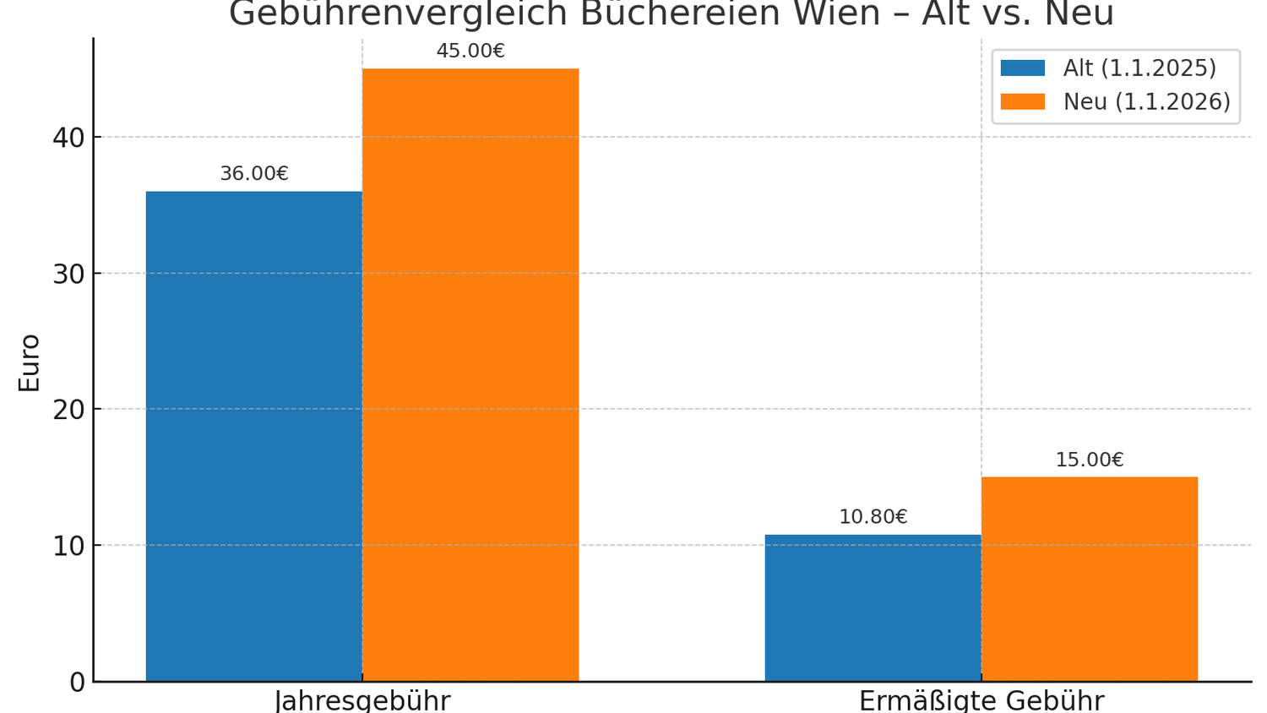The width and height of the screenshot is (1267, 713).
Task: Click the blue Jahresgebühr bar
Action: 253,436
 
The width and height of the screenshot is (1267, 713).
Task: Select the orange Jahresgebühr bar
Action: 470,374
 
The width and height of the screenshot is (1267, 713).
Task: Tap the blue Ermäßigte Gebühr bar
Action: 873,607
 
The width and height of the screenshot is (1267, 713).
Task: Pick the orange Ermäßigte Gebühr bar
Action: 1089,579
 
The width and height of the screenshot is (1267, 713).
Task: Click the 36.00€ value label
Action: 254,174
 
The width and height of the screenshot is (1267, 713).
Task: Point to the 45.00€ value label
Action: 470,51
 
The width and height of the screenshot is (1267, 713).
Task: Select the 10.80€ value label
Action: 873,517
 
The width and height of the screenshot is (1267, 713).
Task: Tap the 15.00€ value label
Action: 1089,460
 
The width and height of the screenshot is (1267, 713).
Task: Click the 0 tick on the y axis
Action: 77,682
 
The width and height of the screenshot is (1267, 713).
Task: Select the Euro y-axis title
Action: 30,363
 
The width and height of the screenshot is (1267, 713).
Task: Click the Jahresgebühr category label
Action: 362,701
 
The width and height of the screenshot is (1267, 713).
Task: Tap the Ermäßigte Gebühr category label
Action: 982,701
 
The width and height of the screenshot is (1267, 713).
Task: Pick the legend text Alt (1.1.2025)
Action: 1139,68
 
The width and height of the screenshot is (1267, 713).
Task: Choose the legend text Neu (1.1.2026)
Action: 1146,102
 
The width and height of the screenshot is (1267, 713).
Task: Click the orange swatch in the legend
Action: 1022,102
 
